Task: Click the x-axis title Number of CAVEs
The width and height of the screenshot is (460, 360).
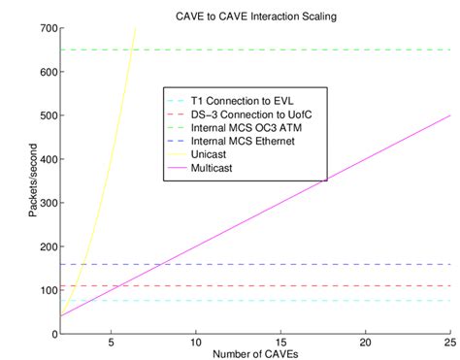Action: [255, 350]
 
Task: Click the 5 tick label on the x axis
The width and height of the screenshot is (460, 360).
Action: [111, 343]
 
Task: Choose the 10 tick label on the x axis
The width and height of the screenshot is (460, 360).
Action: [196, 343]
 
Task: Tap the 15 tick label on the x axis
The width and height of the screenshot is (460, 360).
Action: [281, 343]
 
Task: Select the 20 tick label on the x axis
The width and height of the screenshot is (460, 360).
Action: [366, 343]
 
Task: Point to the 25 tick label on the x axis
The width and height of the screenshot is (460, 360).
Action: [448, 343]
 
